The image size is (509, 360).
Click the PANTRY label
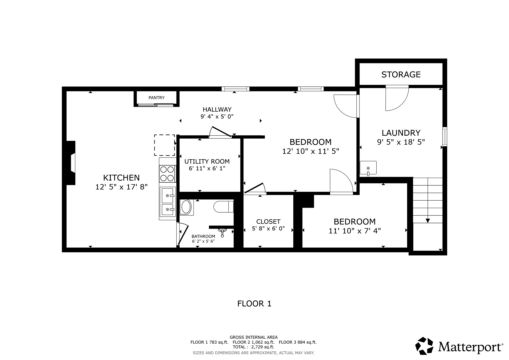coord(156,98)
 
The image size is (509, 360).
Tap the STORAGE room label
coord(401,75)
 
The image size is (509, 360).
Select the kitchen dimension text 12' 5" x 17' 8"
coord(121,187)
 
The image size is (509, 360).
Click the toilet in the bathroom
coord(224,207)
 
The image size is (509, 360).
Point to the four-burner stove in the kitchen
coord(167,174)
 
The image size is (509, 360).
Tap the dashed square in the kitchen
coord(165,145)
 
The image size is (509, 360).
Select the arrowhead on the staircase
coord(428,221)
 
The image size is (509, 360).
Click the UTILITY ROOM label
coord(207,162)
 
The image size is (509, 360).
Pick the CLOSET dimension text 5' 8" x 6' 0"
coord(268,228)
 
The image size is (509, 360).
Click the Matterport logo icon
coord(424,346)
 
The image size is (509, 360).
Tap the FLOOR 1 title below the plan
coord(254,304)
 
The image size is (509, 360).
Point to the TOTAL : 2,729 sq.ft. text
coord(253,347)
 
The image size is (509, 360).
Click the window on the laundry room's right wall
coord(445,137)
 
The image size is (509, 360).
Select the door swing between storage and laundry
coord(397,98)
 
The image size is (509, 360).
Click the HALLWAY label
coord(217,110)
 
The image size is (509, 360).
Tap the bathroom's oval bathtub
coord(186,207)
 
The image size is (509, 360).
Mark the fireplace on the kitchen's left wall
coord(71,163)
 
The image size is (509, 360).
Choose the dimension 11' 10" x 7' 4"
coord(354,231)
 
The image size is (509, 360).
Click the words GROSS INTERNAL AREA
coord(253,337)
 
